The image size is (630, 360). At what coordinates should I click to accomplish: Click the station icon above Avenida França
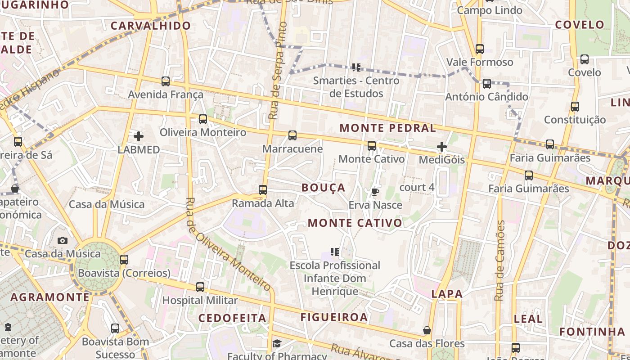pos(166,81)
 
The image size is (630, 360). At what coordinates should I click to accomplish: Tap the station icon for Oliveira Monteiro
pos(203,119)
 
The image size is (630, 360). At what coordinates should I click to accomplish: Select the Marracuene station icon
pos(292,135)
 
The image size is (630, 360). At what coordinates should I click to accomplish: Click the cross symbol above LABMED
pos(139,136)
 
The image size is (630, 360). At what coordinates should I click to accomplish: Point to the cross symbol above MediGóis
pos(442,147)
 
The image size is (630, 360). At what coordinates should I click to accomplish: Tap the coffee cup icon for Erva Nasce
pos(375,192)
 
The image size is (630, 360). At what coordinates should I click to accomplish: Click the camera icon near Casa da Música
pos(63,240)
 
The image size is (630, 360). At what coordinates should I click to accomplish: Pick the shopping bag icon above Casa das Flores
pos(427,331)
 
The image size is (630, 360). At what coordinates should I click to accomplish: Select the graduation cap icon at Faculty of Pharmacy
pos(277,344)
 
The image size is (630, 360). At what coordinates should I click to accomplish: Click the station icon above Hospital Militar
pos(200,287)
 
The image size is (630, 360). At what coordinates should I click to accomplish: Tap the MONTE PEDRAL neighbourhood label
pos(387,128)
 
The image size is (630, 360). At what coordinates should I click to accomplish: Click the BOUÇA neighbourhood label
pos(323,188)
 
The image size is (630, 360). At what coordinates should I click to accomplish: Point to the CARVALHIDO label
pos(151,26)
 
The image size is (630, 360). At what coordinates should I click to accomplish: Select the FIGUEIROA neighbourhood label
pos(334,317)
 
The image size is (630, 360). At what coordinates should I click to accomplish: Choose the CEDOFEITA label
pos(232,318)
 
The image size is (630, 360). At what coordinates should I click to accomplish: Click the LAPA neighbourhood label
pos(447,294)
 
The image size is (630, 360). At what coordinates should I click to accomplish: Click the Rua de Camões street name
pos(500,261)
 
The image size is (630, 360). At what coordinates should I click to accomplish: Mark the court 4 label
pos(417,187)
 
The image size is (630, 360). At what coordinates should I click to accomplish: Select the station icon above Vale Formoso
pos(480,49)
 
